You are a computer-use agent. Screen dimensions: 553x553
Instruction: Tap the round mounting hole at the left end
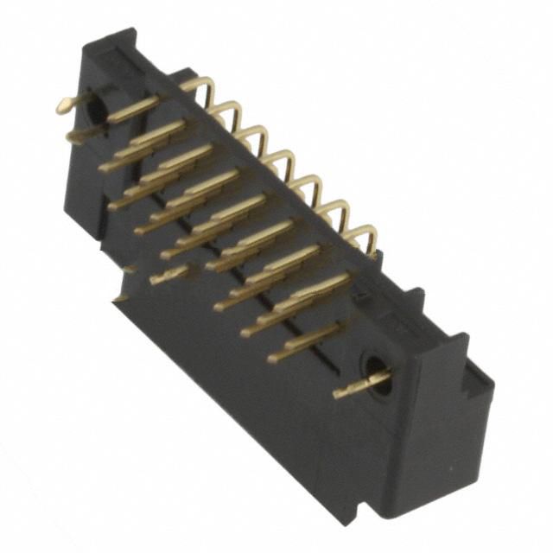97,110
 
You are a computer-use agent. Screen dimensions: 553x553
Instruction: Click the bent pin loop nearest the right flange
366,233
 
